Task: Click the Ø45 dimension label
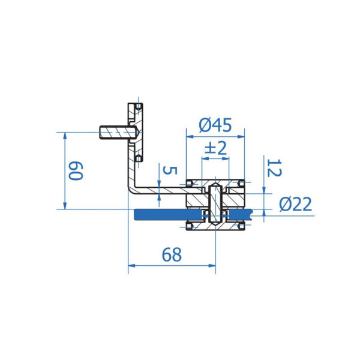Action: [x=215, y=125]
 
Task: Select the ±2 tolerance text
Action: [x=215, y=148]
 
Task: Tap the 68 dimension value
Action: [x=172, y=254]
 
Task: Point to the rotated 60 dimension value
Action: [x=76, y=171]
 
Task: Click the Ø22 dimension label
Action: [x=295, y=204]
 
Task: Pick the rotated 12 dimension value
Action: [x=274, y=168]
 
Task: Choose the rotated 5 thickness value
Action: [x=170, y=170]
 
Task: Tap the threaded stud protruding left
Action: [x=114, y=133]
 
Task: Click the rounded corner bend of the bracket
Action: [x=131, y=190]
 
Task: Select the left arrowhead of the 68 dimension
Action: [x=131, y=266]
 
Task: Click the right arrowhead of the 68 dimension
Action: [x=212, y=266]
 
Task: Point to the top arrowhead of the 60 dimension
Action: [x=65, y=136]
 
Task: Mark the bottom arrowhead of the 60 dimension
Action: [x=65, y=206]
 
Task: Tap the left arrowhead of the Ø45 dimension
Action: [x=190, y=137]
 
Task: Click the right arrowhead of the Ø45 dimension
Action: [x=241, y=137]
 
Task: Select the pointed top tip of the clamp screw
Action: [x=215, y=184]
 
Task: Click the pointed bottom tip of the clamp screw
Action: [x=215, y=225]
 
